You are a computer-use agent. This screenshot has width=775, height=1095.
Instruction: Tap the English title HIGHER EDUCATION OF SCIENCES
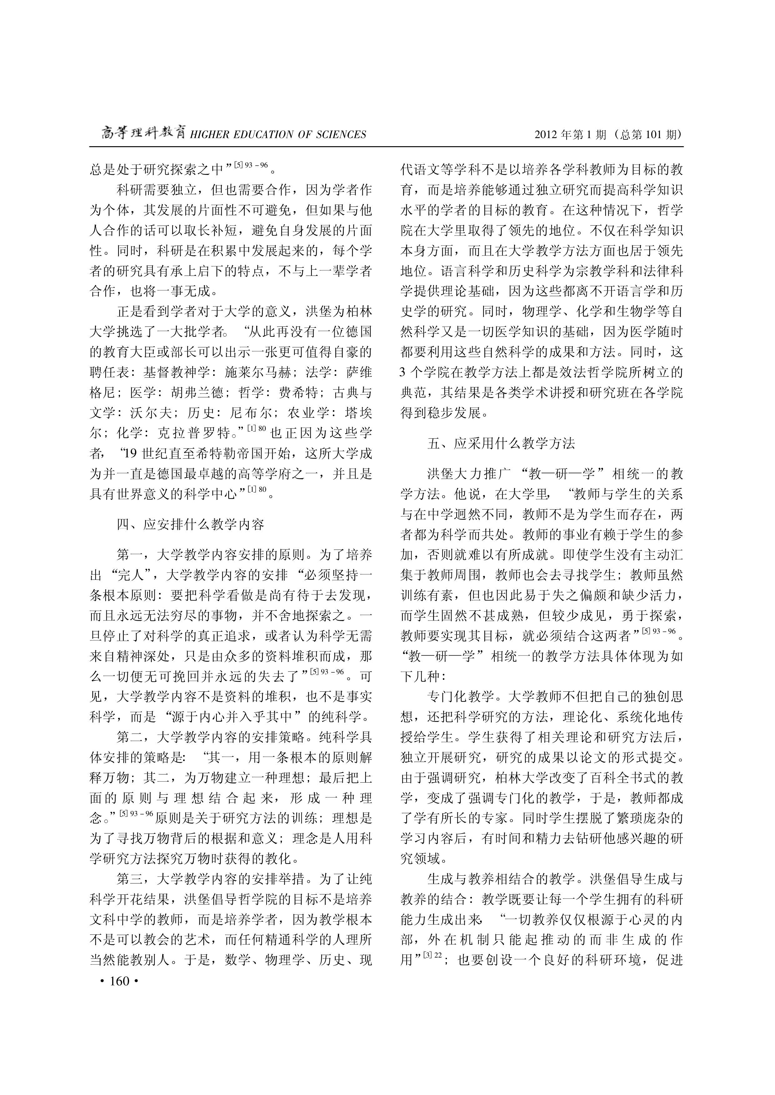278,135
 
